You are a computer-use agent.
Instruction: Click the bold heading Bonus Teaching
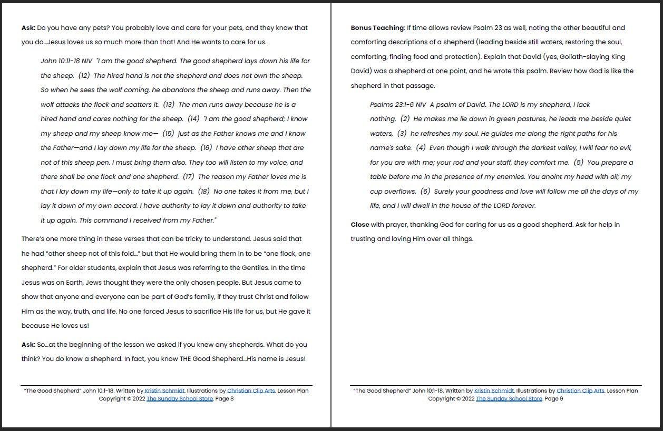(377, 28)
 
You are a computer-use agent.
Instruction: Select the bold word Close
(360, 225)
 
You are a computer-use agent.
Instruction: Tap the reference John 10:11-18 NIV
(66, 61)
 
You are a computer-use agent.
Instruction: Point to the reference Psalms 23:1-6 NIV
(398, 105)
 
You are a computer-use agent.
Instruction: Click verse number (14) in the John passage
(193, 119)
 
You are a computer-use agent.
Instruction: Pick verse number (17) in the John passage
(188, 177)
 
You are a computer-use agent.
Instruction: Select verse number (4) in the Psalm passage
(421, 148)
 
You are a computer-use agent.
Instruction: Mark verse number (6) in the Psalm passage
(425, 192)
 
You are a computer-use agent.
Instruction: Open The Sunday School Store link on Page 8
(180, 399)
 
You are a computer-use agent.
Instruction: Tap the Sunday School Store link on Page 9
(509, 399)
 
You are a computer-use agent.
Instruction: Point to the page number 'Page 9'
(554, 399)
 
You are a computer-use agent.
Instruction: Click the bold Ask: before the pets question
(28, 28)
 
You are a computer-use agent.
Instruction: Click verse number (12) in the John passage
(84, 76)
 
